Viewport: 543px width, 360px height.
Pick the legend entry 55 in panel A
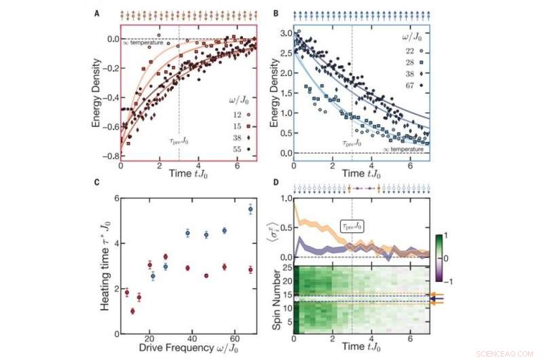223,147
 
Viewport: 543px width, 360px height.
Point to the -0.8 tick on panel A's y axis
106,156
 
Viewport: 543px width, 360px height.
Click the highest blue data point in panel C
250,210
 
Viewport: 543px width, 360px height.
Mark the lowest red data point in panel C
132,311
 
